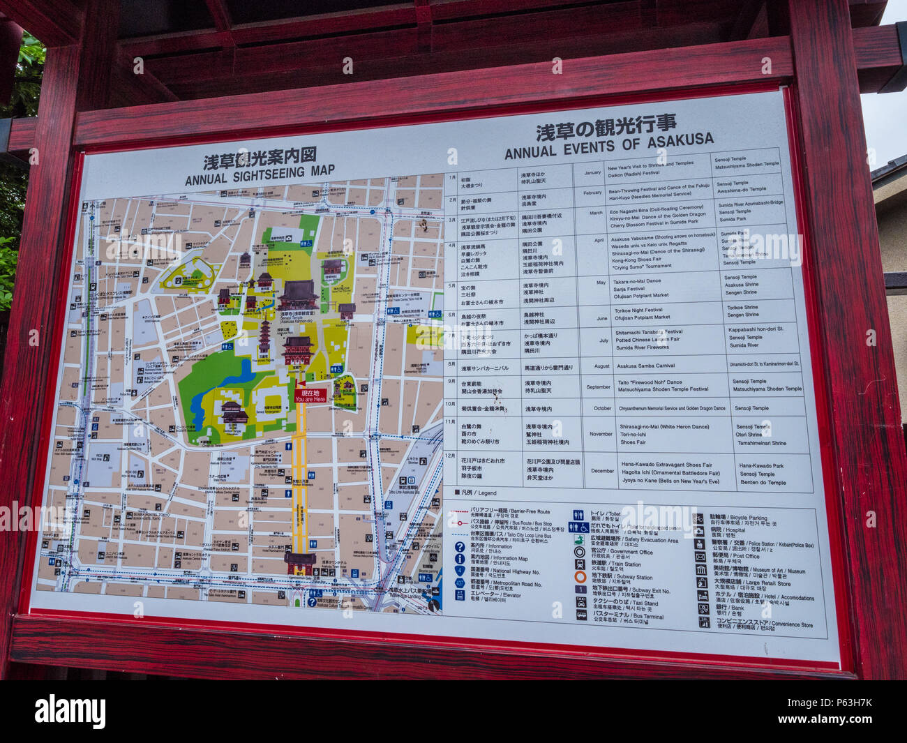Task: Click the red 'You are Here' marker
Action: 310,396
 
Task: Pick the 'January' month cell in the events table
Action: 592,172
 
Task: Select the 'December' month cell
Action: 602,471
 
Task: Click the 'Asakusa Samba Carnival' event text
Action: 645,366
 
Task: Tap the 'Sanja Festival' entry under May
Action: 629,289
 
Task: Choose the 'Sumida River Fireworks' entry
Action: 642,347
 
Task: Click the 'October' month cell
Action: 602,408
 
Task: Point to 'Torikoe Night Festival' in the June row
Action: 638,310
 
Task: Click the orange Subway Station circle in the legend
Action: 580,578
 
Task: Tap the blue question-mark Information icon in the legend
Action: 460,547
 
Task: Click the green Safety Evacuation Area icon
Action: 580,540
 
